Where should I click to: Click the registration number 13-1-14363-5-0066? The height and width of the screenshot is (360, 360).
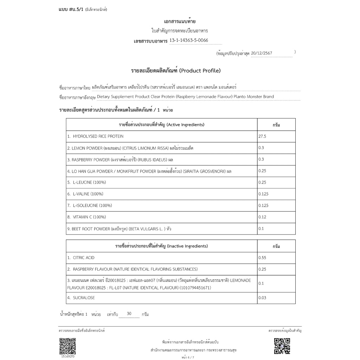pos(189,40)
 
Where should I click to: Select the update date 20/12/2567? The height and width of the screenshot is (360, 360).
pos(262,53)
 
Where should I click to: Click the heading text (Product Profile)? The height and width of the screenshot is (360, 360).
pos(200,71)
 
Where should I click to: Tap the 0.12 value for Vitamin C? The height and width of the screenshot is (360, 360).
pos(262,217)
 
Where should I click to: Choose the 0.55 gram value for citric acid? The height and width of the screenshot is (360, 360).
pos(262,258)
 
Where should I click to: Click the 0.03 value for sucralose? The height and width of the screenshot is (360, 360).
pos(262,298)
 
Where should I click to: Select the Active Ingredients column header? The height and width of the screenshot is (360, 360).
pos(162,125)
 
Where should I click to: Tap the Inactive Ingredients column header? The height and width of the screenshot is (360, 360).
pos(162,246)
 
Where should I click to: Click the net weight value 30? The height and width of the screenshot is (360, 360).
pos(129,314)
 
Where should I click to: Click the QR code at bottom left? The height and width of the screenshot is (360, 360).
pos(67,346)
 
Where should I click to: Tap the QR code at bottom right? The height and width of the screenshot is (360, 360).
pos(282,346)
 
